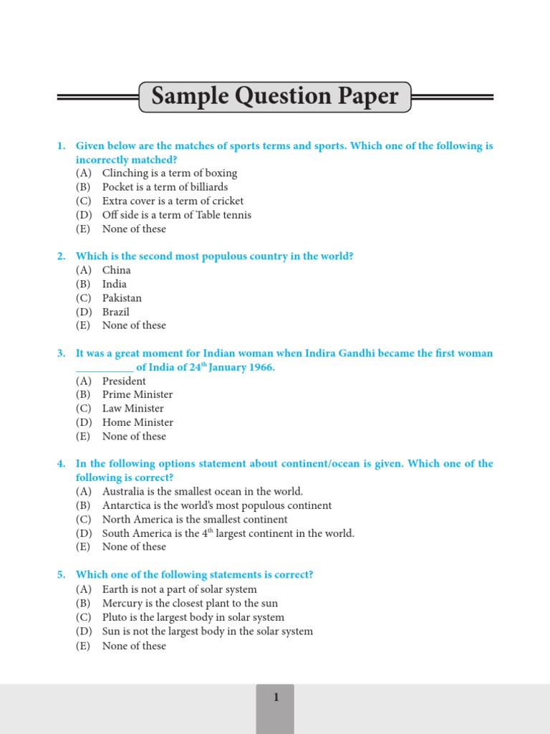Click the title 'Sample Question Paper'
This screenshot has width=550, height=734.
click(x=275, y=97)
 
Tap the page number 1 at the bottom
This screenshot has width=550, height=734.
click(x=275, y=697)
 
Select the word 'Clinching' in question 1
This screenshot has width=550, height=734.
click(x=126, y=173)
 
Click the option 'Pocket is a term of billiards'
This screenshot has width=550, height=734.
click(x=165, y=187)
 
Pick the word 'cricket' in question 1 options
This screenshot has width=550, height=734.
click(x=226, y=201)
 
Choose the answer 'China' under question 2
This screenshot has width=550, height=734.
click(x=117, y=270)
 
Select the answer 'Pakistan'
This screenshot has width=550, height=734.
click(x=122, y=298)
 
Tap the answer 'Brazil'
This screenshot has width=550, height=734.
click(x=116, y=312)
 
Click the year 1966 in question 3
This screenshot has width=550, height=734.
click(x=260, y=368)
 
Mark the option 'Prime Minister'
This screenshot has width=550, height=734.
click(x=137, y=395)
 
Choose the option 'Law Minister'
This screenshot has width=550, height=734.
click(x=133, y=409)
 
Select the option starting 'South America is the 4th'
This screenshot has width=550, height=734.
click(x=228, y=533)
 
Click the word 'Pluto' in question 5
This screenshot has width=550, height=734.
click(x=115, y=617)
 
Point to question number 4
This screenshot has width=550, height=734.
click(x=62, y=464)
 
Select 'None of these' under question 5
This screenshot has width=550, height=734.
click(x=134, y=646)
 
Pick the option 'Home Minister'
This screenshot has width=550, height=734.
click(x=137, y=423)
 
